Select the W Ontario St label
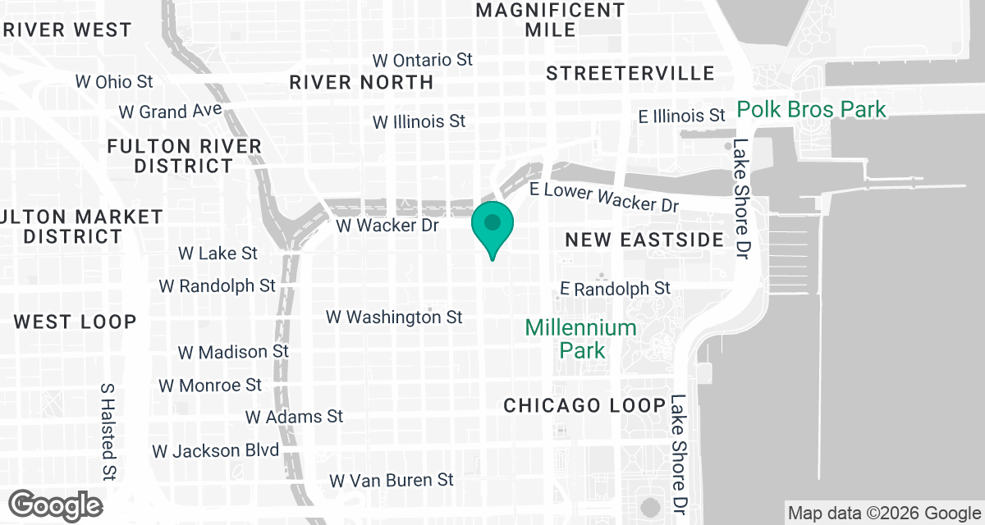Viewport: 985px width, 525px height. (x=423, y=61)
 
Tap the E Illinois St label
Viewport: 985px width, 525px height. (x=682, y=116)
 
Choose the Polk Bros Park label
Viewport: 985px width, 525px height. (x=811, y=109)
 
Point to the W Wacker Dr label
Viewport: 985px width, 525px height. (x=387, y=225)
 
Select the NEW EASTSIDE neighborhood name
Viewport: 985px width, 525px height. (x=645, y=240)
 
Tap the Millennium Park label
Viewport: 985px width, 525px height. (x=581, y=339)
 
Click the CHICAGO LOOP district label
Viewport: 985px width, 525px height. (x=584, y=405)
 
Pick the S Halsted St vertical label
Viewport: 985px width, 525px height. (x=108, y=431)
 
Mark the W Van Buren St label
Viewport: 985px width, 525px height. (x=391, y=480)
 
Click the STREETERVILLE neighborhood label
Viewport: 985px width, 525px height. (x=630, y=74)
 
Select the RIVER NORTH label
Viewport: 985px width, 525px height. (x=361, y=82)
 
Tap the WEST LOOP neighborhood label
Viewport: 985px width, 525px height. (x=75, y=322)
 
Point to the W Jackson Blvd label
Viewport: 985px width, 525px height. (x=215, y=450)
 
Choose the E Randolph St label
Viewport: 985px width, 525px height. (x=615, y=289)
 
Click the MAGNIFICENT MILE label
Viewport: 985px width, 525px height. (x=550, y=20)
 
